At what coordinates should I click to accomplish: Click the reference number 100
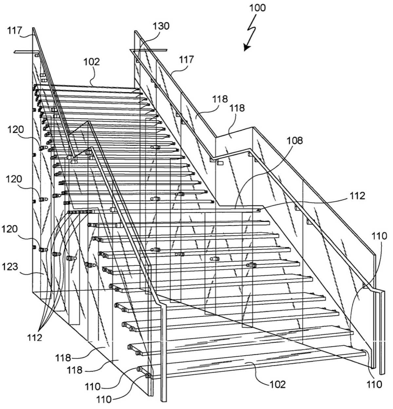point(257,8)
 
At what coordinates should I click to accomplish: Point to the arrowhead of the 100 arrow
point(247,47)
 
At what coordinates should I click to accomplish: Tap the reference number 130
point(161,26)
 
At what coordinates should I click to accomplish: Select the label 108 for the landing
point(295,140)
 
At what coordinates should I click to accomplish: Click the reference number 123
point(10,267)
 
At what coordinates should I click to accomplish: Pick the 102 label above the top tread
point(91,62)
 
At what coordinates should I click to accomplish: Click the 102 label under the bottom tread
point(277,384)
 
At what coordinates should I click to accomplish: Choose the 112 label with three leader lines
point(34,338)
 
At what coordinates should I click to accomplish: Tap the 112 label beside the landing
point(358,196)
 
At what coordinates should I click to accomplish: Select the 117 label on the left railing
point(14,31)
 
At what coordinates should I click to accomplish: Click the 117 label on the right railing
point(186,60)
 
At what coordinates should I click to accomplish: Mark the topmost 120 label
point(16,130)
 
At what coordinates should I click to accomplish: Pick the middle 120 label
point(14,179)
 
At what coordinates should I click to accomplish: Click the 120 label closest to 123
point(10,229)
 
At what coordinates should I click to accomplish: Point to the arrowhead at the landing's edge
point(259,210)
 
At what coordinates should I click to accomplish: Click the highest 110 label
point(379,236)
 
